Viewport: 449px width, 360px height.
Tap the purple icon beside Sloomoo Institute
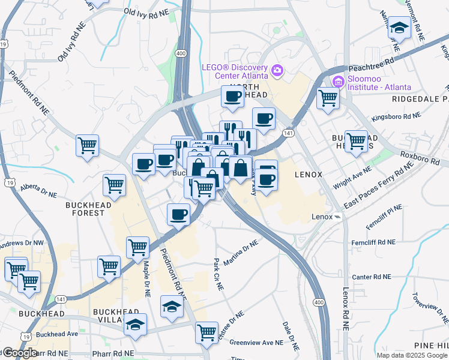pos(337,81)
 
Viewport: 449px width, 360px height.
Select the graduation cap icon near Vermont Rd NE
pos(398,28)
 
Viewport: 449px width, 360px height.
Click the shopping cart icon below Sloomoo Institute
pos(328,97)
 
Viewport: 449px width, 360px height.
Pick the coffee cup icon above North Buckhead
pos(233,95)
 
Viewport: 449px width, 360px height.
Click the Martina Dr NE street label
pos(241,254)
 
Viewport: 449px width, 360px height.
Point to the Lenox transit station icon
pos(338,217)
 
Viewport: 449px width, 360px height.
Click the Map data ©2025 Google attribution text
pos(412,355)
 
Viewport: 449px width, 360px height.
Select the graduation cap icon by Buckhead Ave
pos(136,325)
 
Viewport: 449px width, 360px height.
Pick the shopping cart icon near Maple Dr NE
pos(137,247)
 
